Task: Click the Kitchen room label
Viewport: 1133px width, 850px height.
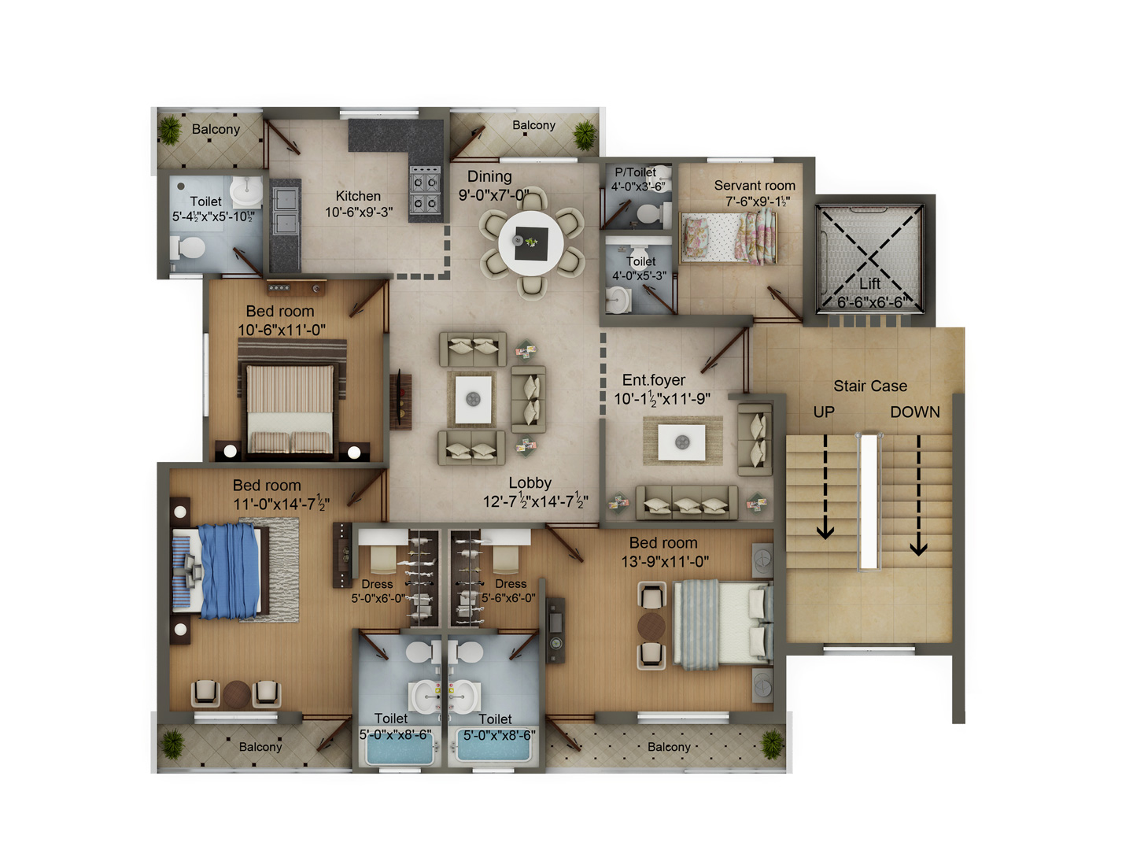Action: (358, 196)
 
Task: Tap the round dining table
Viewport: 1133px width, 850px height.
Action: (530, 242)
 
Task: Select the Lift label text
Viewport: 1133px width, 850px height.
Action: (869, 283)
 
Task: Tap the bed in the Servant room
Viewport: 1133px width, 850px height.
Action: (729, 238)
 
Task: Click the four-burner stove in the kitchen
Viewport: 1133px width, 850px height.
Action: (426, 190)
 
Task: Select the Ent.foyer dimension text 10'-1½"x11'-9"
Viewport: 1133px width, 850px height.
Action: (662, 398)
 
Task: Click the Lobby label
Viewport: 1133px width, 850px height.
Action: (530, 482)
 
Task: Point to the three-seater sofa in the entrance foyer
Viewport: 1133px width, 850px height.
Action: (687, 502)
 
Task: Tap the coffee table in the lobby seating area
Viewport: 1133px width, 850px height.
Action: (473, 399)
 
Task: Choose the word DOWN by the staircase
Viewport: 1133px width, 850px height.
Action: (914, 412)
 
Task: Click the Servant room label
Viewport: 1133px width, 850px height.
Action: (754, 185)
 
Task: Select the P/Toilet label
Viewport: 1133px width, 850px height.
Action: (635, 172)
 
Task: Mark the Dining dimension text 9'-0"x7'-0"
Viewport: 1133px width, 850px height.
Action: (493, 195)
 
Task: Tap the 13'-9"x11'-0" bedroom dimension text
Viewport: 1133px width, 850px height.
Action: (665, 561)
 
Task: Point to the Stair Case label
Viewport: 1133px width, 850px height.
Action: (870, 386)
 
